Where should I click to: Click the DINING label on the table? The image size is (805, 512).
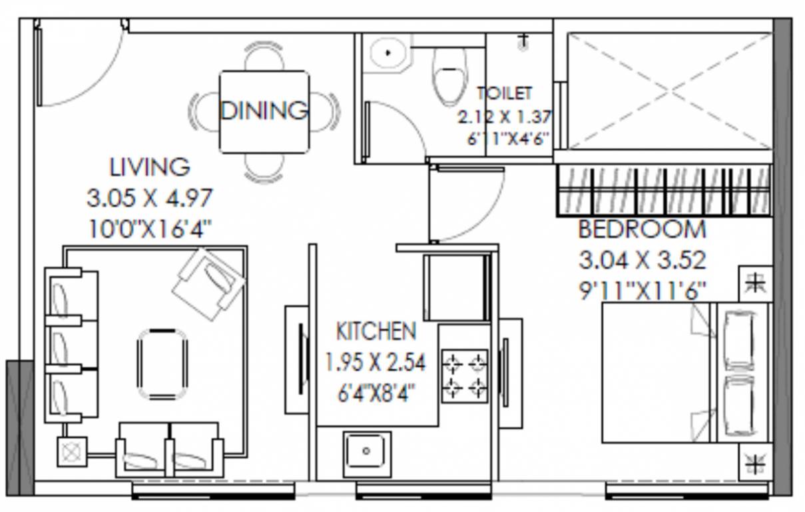click(x=264, y=110)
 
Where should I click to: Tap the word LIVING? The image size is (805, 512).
click(x=150, y=167)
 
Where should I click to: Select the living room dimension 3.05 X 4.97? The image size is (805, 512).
click(x=150, y=198)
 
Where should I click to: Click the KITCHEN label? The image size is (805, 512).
click(x=376, y=331)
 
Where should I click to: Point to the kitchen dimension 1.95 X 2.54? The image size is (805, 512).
click(x=375, y=363)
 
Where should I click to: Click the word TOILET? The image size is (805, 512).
click(x=504, y=93)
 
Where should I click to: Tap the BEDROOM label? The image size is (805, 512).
click(x=642, y=229)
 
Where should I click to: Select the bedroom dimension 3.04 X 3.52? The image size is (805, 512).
click(x=642, y=259)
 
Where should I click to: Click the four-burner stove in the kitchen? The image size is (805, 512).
click(x=465, y=375)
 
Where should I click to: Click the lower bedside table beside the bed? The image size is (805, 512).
click(x=755, y=461)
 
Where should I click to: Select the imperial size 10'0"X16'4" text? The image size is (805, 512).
click(x=150, y=229)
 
